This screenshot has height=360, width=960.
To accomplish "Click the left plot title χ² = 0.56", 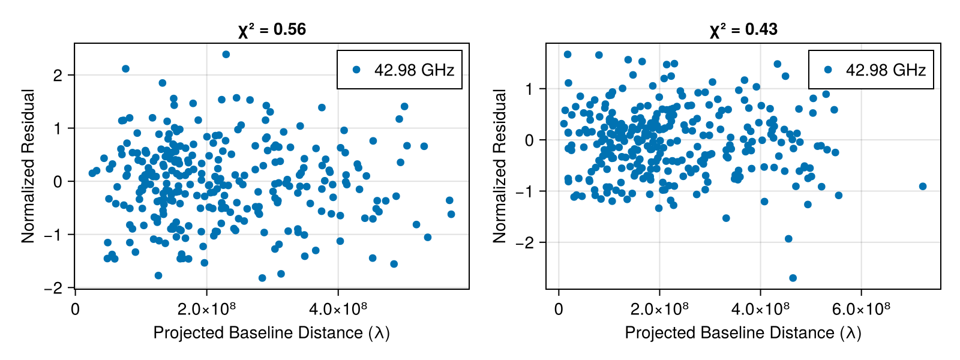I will point(272,29).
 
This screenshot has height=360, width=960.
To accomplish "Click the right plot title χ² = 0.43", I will point(743,29).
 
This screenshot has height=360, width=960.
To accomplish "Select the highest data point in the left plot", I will point(226,55).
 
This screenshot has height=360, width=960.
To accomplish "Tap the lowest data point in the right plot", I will point(793,278).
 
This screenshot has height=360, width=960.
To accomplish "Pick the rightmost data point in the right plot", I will point(923,187).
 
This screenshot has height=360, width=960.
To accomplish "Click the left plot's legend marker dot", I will point(356,70).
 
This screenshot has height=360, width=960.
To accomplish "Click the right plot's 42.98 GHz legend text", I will point(886,70).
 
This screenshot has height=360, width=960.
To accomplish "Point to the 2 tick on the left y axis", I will point(58,76).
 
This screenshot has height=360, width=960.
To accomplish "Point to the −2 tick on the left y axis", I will point(53,288).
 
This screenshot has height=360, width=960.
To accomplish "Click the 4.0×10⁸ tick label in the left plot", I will point(338,309).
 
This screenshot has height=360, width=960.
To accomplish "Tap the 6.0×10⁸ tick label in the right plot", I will point(862,309).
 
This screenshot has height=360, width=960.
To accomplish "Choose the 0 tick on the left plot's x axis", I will point(75,309).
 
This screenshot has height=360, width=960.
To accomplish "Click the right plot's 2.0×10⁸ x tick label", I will point(659,309).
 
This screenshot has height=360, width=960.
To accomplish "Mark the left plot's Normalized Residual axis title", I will point(28,166).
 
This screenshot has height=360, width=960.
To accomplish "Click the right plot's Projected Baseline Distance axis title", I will point(743,333).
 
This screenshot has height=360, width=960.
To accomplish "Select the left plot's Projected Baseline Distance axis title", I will point(271,333).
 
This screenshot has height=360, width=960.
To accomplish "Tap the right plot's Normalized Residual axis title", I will point(500,166).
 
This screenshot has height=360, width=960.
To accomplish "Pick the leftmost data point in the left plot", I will point(92,173).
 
